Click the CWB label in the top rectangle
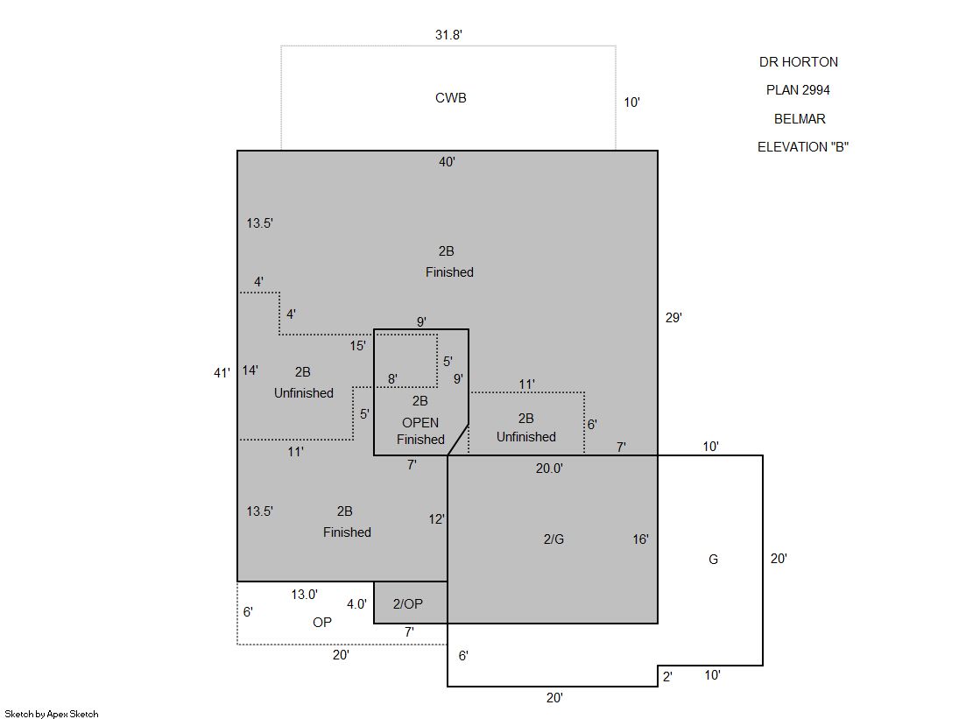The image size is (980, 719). pyautogui.click(x=451, y=97)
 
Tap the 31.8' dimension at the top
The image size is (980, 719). pyautogui.click(x=448, y=35)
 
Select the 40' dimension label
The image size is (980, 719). pyautogui.click(x=447, y=162)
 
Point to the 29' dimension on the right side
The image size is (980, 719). pyautogui.click(x=673, y=318)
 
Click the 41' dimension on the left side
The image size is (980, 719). pyautogui.click(x=222, y=373)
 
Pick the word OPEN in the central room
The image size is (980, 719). pyautogui.click(x=420, y=423)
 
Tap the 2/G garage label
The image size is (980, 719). pyautogui.click(x=553, y=539)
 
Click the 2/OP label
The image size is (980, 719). pyautogui.click(x=407, y=604)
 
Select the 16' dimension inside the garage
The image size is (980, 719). pyautogui.click(x=640, y=539)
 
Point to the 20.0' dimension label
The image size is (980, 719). pyautogui.click(x=549, y=469)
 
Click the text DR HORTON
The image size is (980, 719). pyautogui.click(x=799, y=62)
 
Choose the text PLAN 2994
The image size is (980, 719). pyautogui.click(x=798, y=90)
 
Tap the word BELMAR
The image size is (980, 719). pyautogui.click(x=800, y=119)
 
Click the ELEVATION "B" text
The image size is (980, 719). pyautogui.click(x=803, y=147)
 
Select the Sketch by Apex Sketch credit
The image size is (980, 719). pyautogui.click(x=52, y=714)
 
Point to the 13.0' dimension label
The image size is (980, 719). pyautogui.click(x=305, y=595)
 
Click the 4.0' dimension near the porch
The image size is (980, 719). pyautogui.click(x=356, y=604)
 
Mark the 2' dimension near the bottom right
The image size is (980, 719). pyautogui.click(x=667, y=676)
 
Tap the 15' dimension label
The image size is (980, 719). pyautogui.click(x=357, y=346)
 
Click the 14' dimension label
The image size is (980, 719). pyautogui.click(x=250, y=370)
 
